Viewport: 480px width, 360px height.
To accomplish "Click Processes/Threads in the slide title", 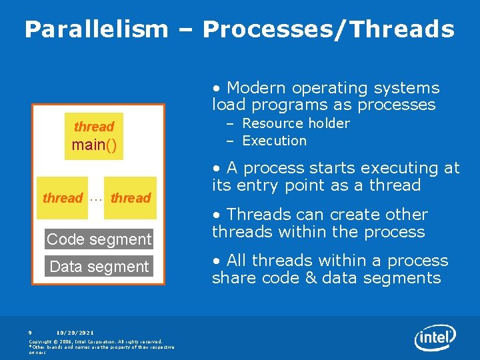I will (x=328, y=29).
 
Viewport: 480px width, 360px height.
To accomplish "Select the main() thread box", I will (x=94, y=136).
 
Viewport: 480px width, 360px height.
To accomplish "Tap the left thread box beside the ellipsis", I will (x=62, y=198).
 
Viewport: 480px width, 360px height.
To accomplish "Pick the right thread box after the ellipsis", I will (x=131, y=198).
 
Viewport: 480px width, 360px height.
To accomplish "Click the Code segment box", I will (x=99, y=239).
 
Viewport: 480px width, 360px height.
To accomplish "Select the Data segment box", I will (x=99, y=266).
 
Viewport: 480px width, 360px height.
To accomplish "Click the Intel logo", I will (x=435, y=338).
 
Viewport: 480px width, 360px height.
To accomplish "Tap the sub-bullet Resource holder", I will (x=295, y=123).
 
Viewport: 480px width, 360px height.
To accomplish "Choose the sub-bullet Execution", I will (x=274, y=141).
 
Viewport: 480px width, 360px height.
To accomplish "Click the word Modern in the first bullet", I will (x=255, y=88).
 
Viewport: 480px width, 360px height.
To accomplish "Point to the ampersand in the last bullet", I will (x=310, y=278).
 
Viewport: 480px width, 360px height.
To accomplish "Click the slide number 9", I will (x=30, y=332).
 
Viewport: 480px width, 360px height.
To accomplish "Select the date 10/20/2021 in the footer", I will (x=75, y=332).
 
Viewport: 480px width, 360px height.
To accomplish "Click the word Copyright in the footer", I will (x=43, y=341).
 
